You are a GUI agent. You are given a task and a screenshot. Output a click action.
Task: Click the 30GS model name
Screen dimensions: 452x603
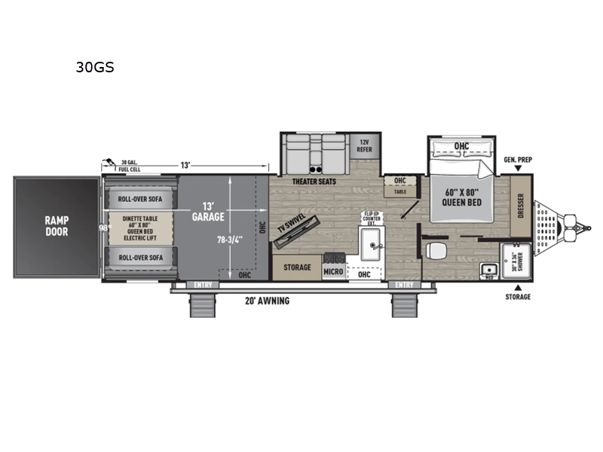[94, 66]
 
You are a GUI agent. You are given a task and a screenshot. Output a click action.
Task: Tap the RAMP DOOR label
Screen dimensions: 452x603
[56, 227]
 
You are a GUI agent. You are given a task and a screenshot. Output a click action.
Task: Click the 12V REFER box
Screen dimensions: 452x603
[364, 145]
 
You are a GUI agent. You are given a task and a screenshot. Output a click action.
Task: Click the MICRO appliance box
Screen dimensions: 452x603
[334, 270]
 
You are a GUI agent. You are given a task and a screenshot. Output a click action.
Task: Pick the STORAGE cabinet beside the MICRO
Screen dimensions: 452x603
[296, 267]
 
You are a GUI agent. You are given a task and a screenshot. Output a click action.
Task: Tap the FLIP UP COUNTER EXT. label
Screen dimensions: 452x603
[369, 220]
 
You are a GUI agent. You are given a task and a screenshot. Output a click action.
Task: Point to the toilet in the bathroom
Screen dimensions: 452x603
[433, 250]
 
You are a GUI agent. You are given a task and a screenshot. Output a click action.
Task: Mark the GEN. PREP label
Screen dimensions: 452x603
[519, 160]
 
